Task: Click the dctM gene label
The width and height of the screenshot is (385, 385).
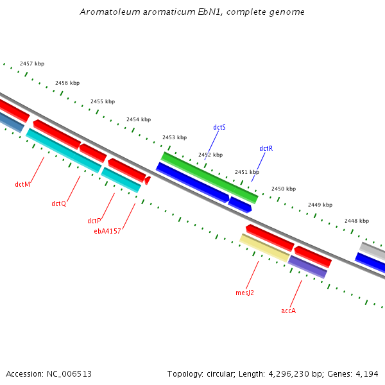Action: point(22,184)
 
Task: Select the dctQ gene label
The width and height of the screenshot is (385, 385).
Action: point(59,203)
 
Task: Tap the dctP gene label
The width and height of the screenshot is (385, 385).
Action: point(94,221)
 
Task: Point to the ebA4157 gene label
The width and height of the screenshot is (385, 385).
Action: point(107,231)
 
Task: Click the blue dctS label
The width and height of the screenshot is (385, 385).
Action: point(219,127)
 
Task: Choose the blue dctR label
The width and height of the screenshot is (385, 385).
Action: point(266,148)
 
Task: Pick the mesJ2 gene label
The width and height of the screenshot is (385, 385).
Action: point(244,293)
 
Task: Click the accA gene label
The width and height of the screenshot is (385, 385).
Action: point(288,311)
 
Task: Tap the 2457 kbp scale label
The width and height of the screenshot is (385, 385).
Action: point(32,64)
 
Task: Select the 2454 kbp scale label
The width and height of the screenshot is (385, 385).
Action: point(139,119)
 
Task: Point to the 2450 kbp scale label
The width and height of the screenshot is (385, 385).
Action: point(284,189)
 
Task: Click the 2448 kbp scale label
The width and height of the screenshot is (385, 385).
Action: point(357,221)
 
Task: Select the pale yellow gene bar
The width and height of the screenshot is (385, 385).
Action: point(264,248)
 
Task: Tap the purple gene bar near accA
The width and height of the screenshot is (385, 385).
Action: point(307,266)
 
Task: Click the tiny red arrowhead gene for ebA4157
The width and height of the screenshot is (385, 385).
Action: point(148,180)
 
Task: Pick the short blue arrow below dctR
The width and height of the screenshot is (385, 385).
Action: point(240,205)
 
